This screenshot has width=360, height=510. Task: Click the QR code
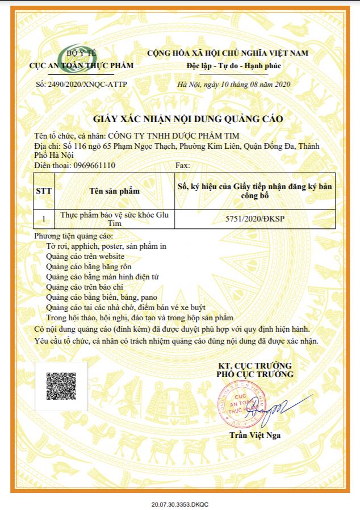click(x=61, y=387)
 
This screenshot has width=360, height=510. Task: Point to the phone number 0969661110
click(x=94, y=166)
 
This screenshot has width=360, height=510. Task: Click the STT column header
click(x=44, y=191)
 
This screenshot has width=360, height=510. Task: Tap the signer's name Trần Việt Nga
click(x=255, y=436)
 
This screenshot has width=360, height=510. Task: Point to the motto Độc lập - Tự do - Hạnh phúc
click(x=234, y=66)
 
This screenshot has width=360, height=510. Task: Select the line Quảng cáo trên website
click(x=85, y=256)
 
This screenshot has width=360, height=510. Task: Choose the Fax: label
click(x=184, y=166)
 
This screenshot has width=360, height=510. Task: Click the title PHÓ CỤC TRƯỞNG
click(x=255, y=374)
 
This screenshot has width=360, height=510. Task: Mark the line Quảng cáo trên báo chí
click(x=85, y=287)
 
